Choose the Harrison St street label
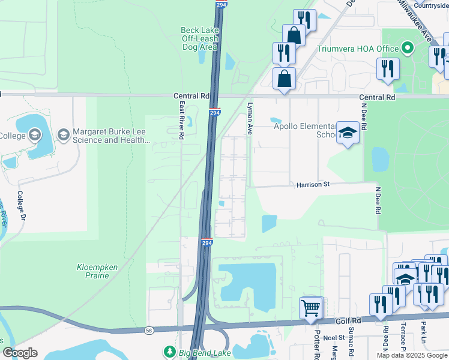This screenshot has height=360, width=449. (x=313, y=185)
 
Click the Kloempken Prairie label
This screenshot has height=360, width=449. (x=93, y=271)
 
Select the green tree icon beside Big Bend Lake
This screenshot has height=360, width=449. (x=170, y=351)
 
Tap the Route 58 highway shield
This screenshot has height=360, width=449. (x=148, y=331)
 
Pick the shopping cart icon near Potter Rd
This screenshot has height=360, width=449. (x=311, y=308)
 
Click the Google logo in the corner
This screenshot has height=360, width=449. (x=20, y=353)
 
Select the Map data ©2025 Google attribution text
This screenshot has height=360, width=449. (x=412, y=355)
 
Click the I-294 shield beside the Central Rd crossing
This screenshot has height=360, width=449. (x=215, y=112)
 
